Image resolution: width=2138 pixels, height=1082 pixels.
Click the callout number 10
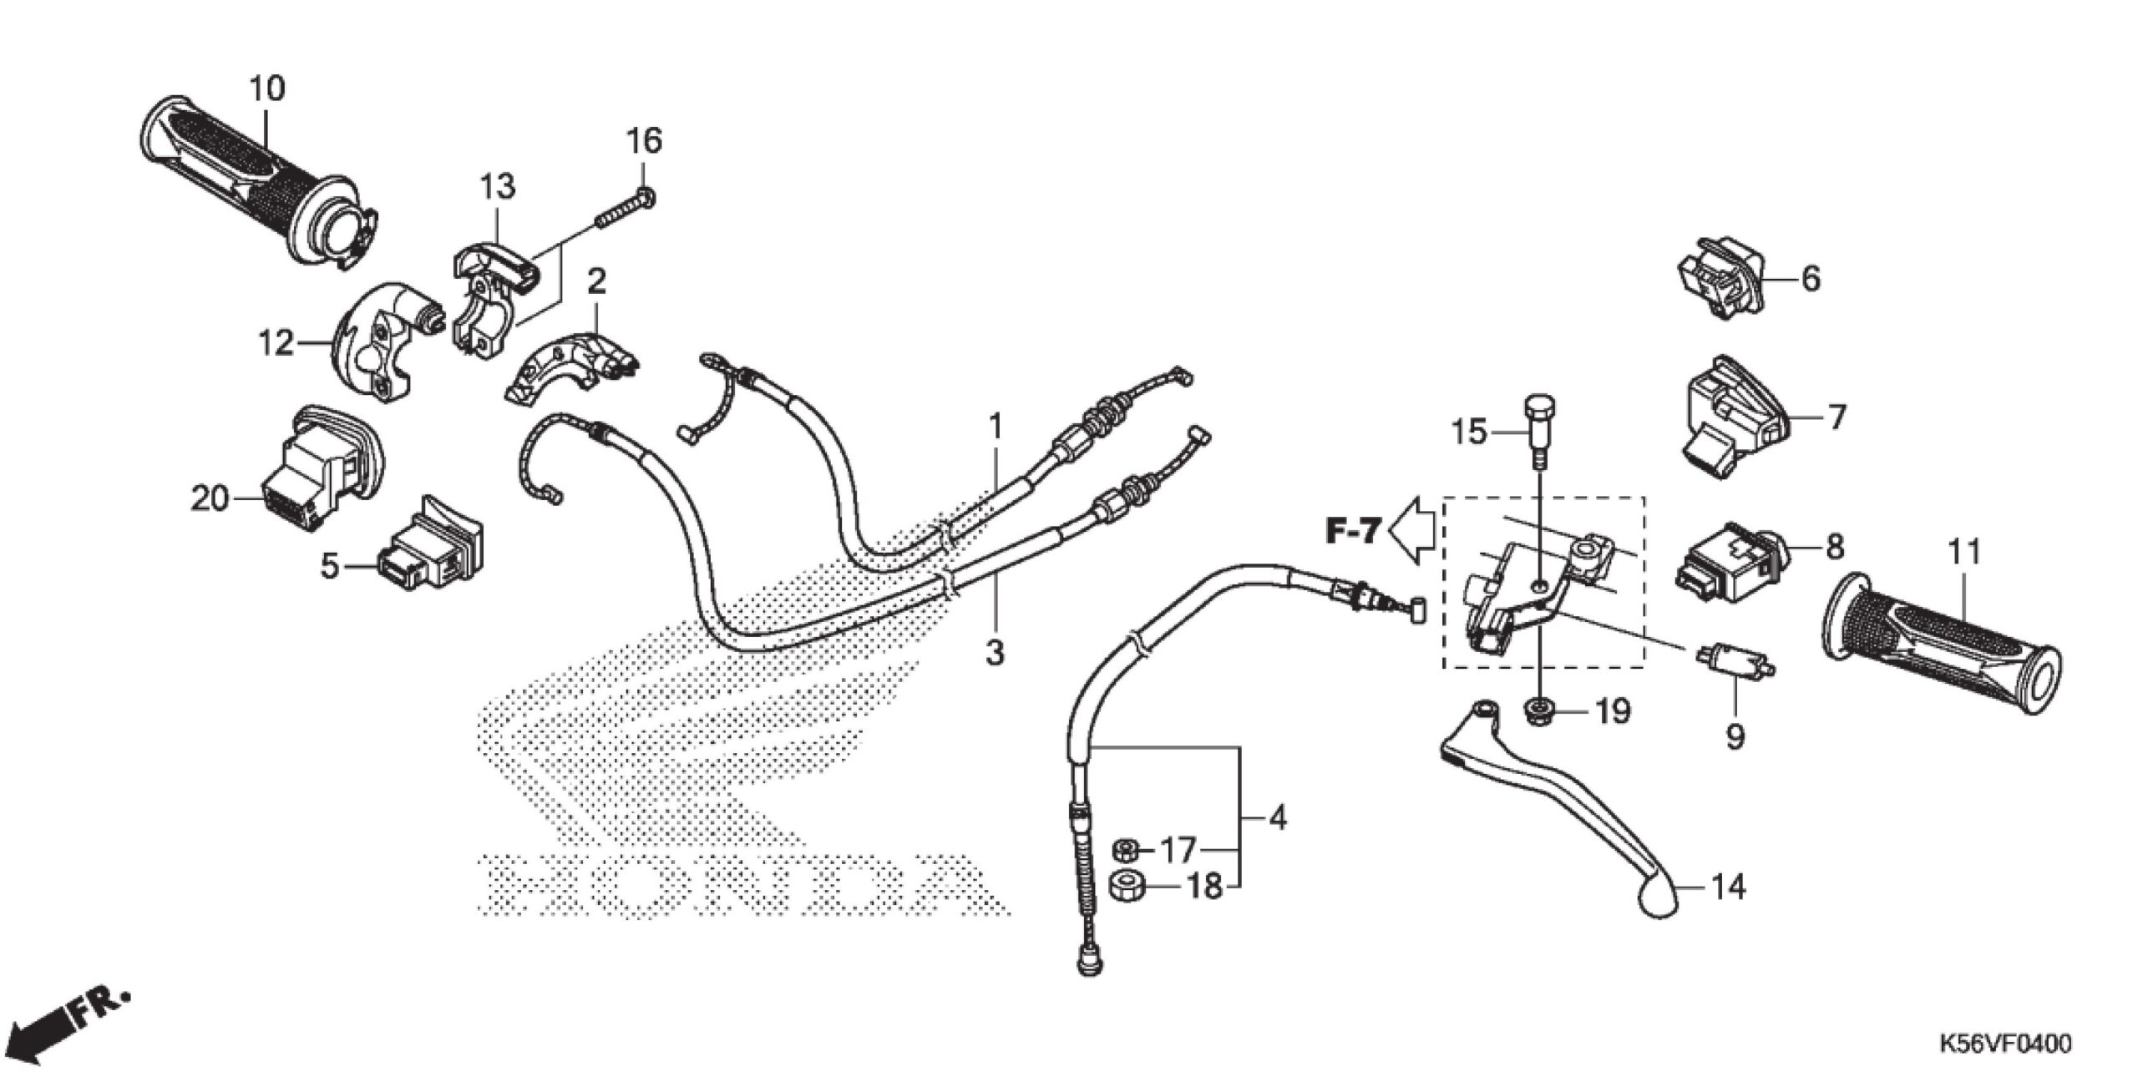(x=267, y=88)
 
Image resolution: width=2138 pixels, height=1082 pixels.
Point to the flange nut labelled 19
(x=1537, y=711)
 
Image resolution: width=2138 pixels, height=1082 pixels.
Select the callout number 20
(x=209, y=499)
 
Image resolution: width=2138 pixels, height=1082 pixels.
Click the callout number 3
(x=994, y=652)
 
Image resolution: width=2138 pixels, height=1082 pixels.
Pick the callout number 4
(x=1277, y=818)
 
